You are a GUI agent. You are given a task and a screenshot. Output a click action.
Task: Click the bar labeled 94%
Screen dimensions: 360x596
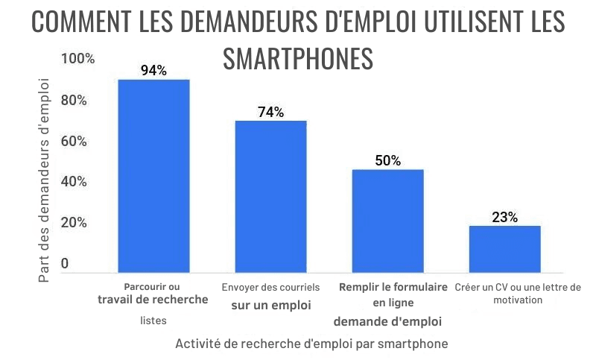pos(153,176)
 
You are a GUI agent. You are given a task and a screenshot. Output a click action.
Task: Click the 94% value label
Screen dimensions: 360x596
pos(153,71)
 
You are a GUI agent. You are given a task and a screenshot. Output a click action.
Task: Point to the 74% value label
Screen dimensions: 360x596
pos(270,113)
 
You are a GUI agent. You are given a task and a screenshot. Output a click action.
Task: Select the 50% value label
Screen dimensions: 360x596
pos(387,161)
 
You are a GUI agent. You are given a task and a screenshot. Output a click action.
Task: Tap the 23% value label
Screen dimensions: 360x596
pos(504,218)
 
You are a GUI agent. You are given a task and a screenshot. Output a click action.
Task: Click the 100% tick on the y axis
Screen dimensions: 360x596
pos(78,59)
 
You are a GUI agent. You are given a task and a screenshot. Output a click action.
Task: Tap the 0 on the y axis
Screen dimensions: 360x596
pos(65,264)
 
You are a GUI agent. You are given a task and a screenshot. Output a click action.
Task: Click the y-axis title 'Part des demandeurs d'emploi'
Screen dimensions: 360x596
pos(44,178)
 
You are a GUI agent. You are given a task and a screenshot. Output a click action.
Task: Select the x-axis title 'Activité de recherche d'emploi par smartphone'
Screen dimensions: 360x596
pos(312,344)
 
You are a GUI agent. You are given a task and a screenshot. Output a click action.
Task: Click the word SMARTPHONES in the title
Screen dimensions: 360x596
pos(298,57)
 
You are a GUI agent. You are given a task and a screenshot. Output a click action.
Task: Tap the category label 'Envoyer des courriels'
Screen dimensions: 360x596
pos(270,287)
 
